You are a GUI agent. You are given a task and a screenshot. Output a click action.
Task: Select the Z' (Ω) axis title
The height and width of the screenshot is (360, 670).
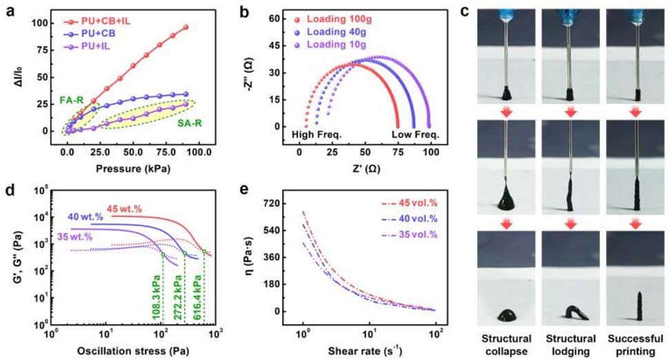coord(363,168)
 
